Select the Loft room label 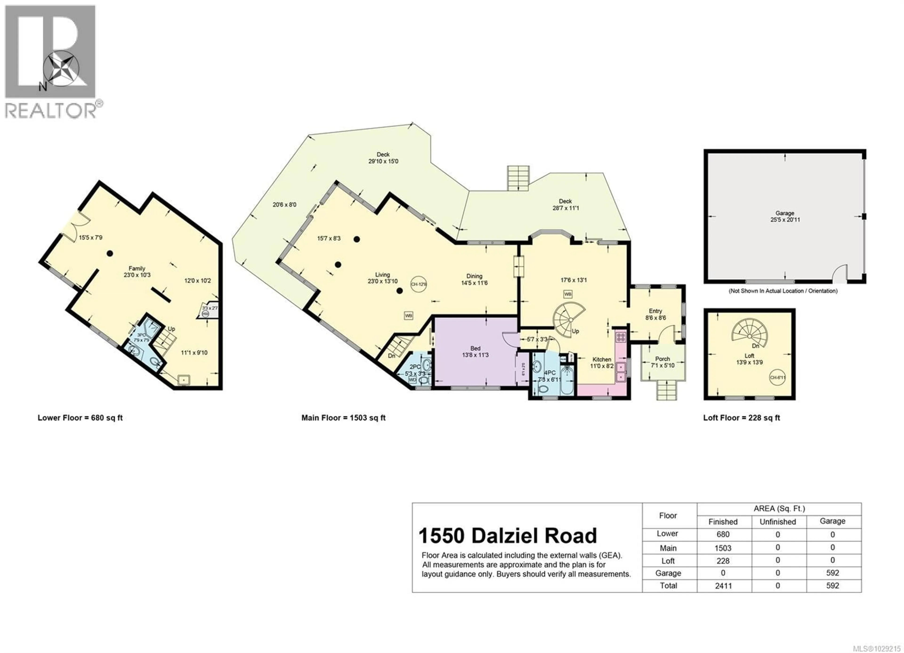click(749, 356)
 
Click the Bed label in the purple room click(475, 348)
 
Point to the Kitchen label click(601, 359)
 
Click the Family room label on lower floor click(137, 269)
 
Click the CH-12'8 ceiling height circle click(419, 284)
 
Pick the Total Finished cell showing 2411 click(723, 586)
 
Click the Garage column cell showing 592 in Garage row click(832, 573)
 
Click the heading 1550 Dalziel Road click(507, 536)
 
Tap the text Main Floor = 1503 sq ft click(343, 418)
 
